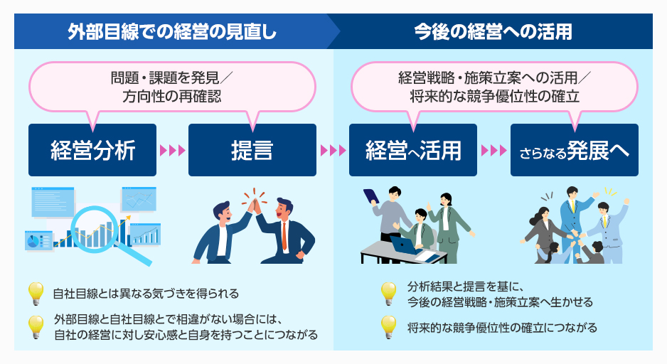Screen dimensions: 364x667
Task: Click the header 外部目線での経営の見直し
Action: (171, 31)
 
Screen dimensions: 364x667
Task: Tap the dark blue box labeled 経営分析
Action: (92, 150)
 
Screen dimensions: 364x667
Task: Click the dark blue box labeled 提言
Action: (252, 150)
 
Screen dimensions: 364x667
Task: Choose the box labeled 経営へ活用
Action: (413, 150)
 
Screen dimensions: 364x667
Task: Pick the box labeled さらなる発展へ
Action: (574, 150)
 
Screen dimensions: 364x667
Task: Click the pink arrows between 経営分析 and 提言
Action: (172, 151)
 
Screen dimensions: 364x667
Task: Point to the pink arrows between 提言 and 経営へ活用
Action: (333, 151)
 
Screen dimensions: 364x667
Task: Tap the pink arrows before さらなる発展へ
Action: (493, 151)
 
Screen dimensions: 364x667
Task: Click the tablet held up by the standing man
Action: (370, 196)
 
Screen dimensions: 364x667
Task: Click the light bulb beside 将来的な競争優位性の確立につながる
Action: (388, 326)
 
